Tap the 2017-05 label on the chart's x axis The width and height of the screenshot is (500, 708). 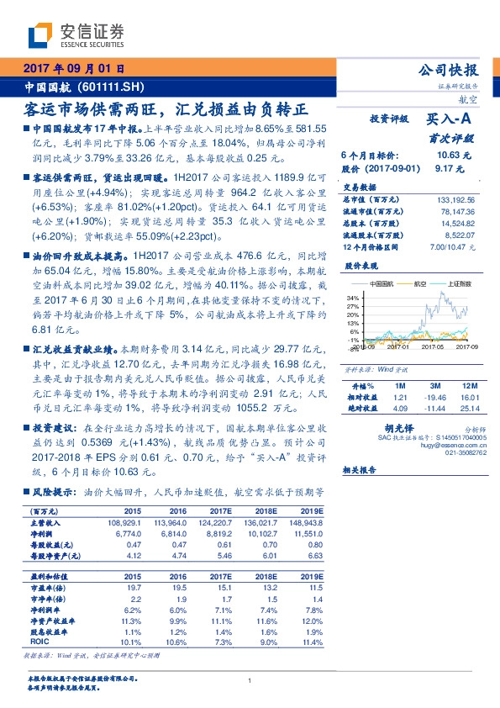pyautogui.click(x=433, y=346)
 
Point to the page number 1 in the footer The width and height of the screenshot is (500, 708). pyautogui.click(x=250, y=680)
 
